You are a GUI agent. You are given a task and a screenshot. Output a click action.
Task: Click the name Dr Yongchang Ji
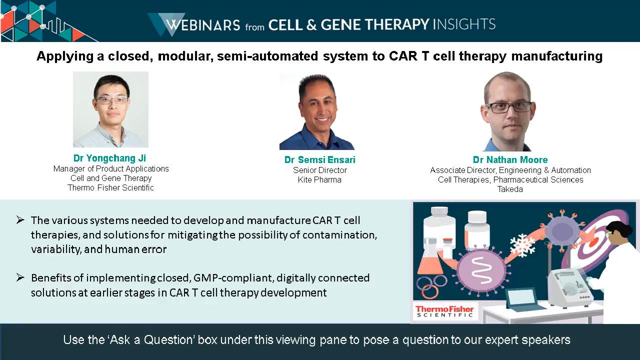pyautogui.click(x=109, y=158)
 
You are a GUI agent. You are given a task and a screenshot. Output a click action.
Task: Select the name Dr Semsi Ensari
pyautogui.click(x=319, y=159)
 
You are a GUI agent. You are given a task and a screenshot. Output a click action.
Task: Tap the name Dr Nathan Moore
pyautogui.click(x=510, y=159)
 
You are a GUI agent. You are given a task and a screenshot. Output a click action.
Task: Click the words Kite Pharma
pyautogui.click(x=319, y=179)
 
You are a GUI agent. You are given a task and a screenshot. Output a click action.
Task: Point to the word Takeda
pyautogui.click(x=510, y=189)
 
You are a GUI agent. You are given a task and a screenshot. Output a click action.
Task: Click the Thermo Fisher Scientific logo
pyautogui.click(x=444, y=311)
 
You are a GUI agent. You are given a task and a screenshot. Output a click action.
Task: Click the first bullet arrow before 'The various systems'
pyautogui.click(x=20, y=220)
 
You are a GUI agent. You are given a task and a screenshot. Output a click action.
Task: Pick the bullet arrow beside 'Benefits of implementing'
pyautogui.click(x=20, y=277)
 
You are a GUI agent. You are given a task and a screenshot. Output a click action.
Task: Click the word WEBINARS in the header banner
pyautogui.click(x=203, y=25)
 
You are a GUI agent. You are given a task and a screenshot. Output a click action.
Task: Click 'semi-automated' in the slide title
pyautogui.click(x=267, y=56)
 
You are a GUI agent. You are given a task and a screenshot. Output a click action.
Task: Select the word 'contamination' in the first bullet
pyautogui.click(x=339, y=235)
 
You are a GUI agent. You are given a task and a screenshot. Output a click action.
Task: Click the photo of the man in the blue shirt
pyautogui.click(x=317, y=111)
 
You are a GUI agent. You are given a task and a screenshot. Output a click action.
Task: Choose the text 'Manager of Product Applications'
pyautogui.click(x=111, y=169)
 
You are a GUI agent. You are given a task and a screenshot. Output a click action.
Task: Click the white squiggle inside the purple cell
pyautogui.click(x=481, y=270)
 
